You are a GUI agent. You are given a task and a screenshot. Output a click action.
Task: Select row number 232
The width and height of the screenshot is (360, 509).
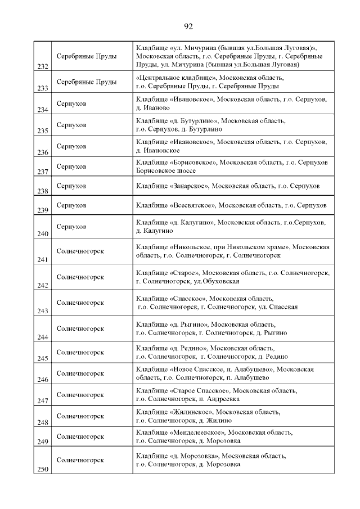coord(42,67)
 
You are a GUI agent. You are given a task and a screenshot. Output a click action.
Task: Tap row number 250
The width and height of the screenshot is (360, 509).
coord(42,470)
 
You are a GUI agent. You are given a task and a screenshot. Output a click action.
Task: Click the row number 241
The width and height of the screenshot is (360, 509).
coord(42,260)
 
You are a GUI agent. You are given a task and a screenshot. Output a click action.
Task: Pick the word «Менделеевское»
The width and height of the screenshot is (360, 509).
coord(196,433)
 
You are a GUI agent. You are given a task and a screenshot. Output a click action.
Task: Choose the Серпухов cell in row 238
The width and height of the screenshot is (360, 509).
coord(71,186)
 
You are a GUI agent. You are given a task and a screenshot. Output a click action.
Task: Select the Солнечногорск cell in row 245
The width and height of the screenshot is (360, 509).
coord(80,352)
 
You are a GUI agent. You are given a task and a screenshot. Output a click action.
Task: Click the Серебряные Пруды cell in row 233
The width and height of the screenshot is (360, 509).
coord(87,82)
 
